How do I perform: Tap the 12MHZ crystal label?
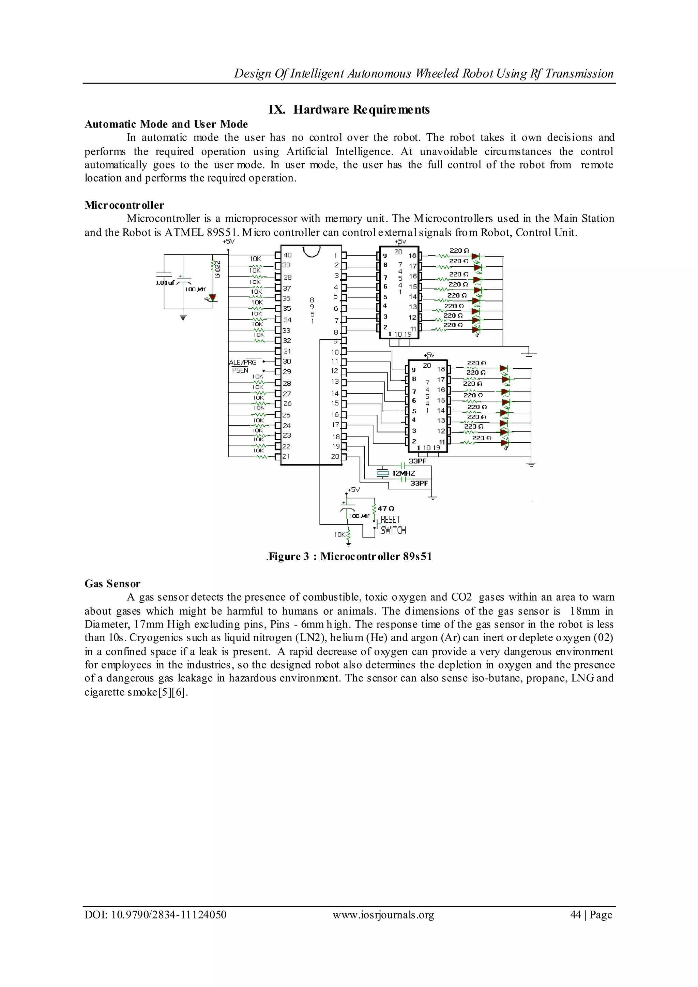point(403,473)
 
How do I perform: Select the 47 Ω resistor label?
point(385,509)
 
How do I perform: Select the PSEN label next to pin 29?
point(240,370)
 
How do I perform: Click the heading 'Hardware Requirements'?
point(349,110)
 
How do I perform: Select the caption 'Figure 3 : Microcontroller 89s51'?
point(349,557)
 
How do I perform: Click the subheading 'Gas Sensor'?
point(112,584)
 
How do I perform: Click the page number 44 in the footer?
point(575,915)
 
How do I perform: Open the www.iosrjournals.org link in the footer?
point(383,915)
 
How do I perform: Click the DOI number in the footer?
point(155,915)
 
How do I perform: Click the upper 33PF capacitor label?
point(418,461)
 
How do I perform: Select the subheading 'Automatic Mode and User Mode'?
point(166,124)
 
